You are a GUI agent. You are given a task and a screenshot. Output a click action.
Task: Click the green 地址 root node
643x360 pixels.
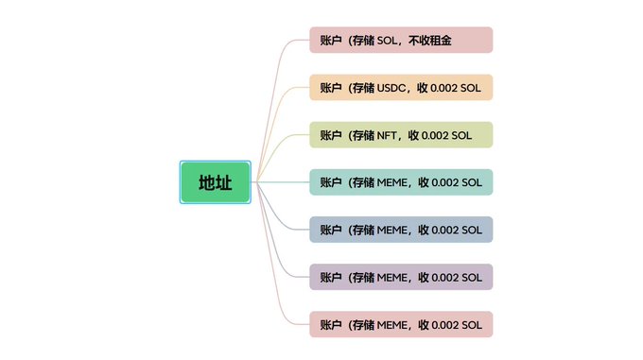tap(215, 182)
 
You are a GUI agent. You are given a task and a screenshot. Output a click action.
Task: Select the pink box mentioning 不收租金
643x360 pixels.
tap(401, 41)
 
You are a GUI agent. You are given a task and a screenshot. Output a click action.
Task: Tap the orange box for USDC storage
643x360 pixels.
tap(401, 88)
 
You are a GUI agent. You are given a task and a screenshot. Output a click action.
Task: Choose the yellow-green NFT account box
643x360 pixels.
tap(401, 135)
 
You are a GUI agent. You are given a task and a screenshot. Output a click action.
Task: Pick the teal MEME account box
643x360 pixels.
tap(401, 182)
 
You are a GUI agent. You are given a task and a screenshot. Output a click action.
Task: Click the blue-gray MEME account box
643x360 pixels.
tap(401, 230)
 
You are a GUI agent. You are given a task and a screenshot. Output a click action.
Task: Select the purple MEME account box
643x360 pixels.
tap(401, 277)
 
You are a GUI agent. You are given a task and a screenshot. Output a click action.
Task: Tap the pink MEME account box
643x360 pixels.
tap(401, 324)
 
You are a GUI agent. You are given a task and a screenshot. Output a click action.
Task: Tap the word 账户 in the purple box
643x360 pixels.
tap(330, 277)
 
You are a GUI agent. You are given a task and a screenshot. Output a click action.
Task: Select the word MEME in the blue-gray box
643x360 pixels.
tap(393, 230)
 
